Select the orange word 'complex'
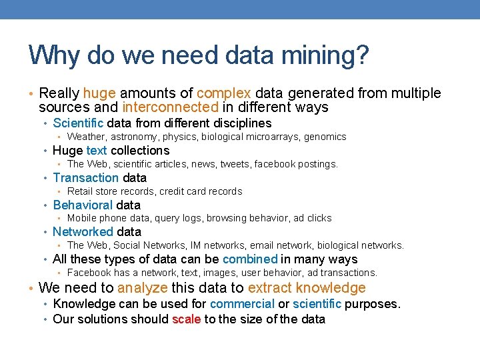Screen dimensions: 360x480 pos(224,93)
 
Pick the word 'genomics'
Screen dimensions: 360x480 pos(325,137)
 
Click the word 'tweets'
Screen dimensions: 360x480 pos(235,164)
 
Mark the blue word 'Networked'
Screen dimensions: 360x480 pos(83,232)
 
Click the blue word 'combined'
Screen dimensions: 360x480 pos(250,259)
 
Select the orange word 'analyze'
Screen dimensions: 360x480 pos(143,288)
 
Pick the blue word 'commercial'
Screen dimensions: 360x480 pos(242,304)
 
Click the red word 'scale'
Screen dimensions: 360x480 pos(187,319)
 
